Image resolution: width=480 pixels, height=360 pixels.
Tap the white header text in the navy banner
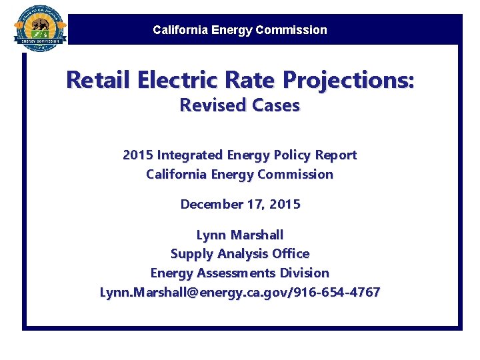click(x=240, y=30)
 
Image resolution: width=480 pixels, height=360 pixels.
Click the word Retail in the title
click(x=99, y=81)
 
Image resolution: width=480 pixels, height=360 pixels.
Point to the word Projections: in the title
click(x=349, y=81)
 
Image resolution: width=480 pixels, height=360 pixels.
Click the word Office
click(x=291, y=254)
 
